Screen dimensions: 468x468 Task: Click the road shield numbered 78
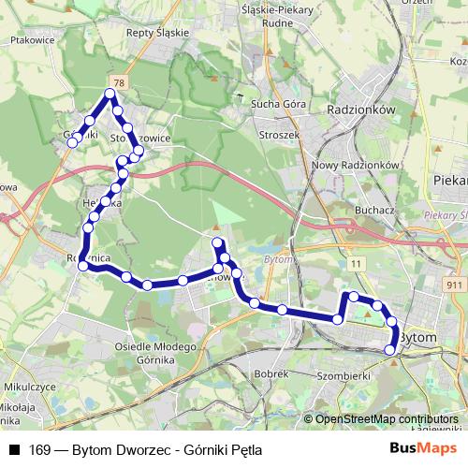pos(116,82)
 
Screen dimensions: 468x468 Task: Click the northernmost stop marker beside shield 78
pos(110,95)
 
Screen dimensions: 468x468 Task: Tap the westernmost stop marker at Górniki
pos(72,142)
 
